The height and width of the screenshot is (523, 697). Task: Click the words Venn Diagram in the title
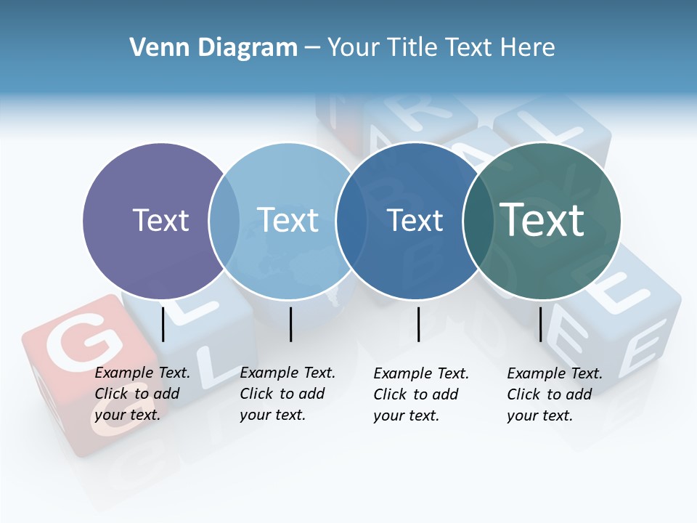[x=213, y=48]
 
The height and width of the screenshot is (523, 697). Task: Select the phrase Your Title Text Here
[x=441, y=48]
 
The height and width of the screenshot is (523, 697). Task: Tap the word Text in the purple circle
[x=160, y=220]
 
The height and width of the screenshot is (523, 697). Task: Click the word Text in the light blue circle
[x=288, y=220]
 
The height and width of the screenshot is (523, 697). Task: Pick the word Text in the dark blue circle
[x=415, y=220]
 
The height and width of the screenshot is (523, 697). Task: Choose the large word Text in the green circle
[x=542, y=219]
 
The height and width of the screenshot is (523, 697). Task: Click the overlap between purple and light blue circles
[x=224, y=221]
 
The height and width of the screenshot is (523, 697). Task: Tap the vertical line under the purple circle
[x=163, y=324]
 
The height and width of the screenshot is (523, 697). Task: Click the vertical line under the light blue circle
[x=290, y=324]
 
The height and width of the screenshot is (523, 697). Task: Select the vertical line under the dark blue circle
[x=419, y=324]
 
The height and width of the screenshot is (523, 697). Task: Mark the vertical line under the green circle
[x=541, y=324]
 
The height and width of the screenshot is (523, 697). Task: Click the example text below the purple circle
[x=142, y=394]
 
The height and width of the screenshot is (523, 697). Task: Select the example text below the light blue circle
[x=288, y=394]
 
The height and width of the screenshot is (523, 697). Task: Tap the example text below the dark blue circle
[x=421, y=394]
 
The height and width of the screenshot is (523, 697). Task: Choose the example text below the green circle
[x=555, y=394]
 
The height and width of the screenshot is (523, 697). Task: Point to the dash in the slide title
[x=312, y=48]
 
